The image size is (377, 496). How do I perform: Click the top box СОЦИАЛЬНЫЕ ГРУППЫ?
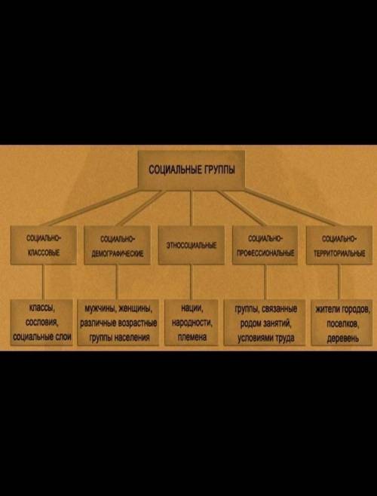pyautogui.click(x=192, y=170)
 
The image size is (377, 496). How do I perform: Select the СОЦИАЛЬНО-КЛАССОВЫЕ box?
pyautogui.click(x=44, y=245)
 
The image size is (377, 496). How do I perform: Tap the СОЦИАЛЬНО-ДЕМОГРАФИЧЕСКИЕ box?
pyautogui.click(x=117, y=245)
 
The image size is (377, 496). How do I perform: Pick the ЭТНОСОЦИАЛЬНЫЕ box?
pyautogui.click(x=192, y=245)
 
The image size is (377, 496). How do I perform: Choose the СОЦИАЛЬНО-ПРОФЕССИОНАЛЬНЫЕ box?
pyautogui.click(x=265, y=245)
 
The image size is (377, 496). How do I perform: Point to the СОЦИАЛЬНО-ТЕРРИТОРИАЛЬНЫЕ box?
pyautogui.click(x=339, y=245)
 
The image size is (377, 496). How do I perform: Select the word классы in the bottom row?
pyautogui.click(x=41, y=308)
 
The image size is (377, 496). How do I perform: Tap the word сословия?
pyautogui.click(x=41, y=323)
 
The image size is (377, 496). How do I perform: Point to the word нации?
pyautogui.click(x=192, y=308)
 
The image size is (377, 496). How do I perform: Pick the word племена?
pyautogui.click(x=192, y=337)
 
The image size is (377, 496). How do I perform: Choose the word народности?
pyautogui.click(x=192, y=323)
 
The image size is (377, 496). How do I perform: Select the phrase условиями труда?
pyautogui.click(x=265, y=338)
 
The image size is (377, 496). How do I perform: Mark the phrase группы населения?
pyautogui.click(x=119, y=338)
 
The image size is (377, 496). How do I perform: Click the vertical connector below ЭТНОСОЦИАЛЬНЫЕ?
pyautogui.click(x=191, y=282)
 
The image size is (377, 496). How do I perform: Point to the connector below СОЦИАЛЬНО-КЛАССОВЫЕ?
pyautogui.click(x=44, y=282)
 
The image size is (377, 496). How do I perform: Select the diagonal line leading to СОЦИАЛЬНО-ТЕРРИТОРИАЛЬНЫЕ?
pyautogui.click(x=290, y=207)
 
